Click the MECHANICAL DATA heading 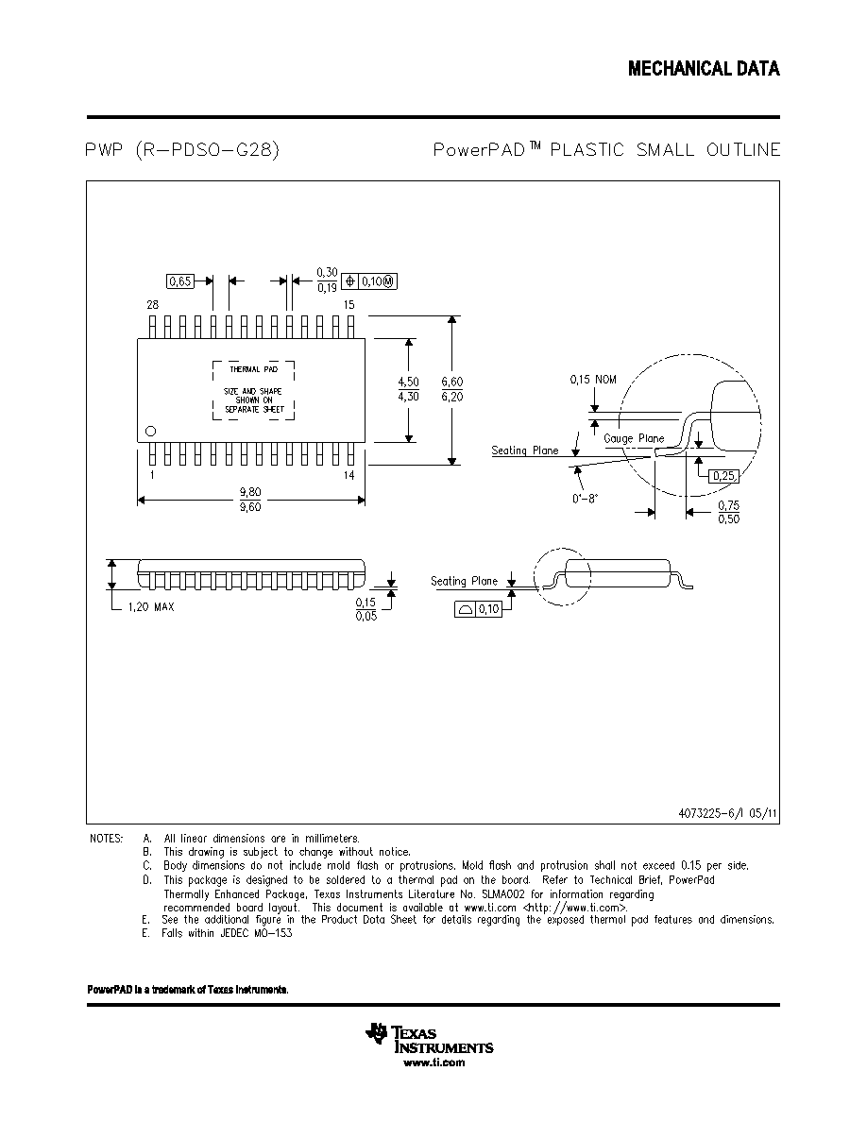tap(704, 69)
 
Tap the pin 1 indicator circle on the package tap(150, 431)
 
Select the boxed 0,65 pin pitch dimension tap(180, 281)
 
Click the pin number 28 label tap(152, 305)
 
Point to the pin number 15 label tap(349, 305)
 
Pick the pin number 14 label tap(349, 475)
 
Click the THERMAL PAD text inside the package tap(254, 369)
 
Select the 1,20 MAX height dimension tap(151, 606)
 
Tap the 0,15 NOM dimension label tap(593, 380)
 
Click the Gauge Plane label tap(634, 438)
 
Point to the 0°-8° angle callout tap(585, 499)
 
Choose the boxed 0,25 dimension tap(724, 476)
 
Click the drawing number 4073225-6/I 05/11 tap(727, 813)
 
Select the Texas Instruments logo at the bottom tap(429, 1038)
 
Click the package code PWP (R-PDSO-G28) tap(181, 149)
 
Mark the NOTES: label tap(106, 839)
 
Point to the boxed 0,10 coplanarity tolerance tap(479, 610)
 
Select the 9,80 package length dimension tap(250, 492)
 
